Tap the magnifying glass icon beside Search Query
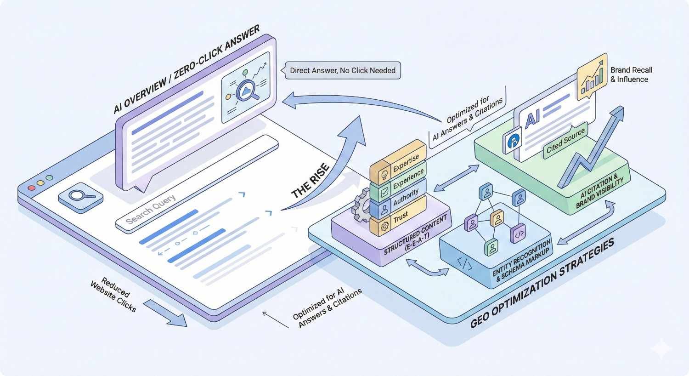coord(81,196)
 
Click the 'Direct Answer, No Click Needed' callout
coord(343,71)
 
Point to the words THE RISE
coord(311,181)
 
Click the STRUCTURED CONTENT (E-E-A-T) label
coord(416,234)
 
